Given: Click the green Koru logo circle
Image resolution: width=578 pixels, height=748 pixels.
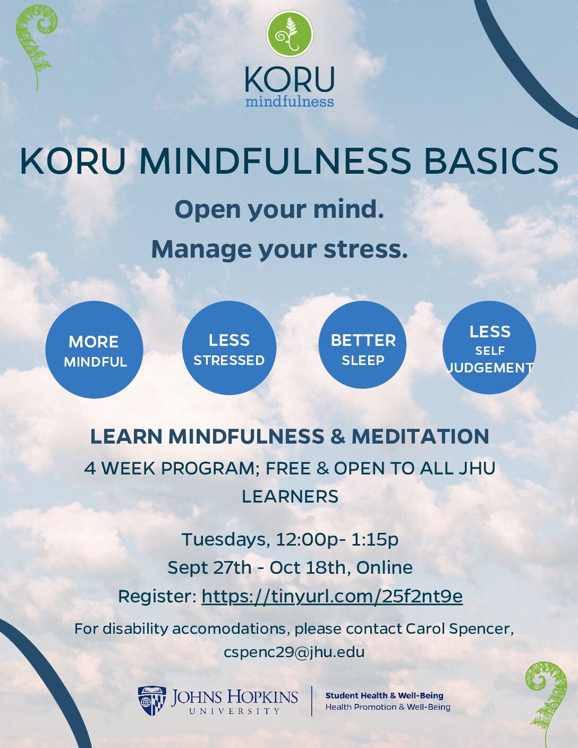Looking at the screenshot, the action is point(290,33).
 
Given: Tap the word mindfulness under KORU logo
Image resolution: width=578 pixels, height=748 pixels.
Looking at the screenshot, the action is point(290,101).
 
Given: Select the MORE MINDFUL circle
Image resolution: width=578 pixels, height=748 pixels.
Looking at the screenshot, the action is point(95,350).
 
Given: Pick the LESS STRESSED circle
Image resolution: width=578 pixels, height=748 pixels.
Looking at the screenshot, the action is point(229,348).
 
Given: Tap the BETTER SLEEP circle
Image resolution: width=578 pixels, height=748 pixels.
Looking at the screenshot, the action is point(362,345).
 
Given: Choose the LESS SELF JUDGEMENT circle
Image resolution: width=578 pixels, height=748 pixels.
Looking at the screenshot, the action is point(489,347).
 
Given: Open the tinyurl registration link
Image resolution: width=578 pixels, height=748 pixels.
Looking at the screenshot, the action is point(332,597).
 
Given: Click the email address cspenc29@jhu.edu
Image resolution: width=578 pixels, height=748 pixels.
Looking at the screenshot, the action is point(294,652).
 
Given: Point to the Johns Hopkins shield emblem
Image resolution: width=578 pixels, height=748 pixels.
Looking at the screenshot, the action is point(152,701).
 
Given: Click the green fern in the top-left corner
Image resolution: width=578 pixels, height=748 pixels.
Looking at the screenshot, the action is point(36,46).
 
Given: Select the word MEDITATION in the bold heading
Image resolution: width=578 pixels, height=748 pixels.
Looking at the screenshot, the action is point(420,437).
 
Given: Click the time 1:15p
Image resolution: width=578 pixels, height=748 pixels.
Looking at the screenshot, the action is point(375,539).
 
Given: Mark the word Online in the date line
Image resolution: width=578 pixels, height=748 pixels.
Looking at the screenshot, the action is point(384,567).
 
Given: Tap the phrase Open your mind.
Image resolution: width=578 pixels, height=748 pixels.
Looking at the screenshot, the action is point(279,210).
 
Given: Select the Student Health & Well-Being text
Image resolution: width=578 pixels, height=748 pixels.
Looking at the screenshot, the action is point(384,696).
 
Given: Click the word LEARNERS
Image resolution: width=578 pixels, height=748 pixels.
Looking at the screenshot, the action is point(290,496).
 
